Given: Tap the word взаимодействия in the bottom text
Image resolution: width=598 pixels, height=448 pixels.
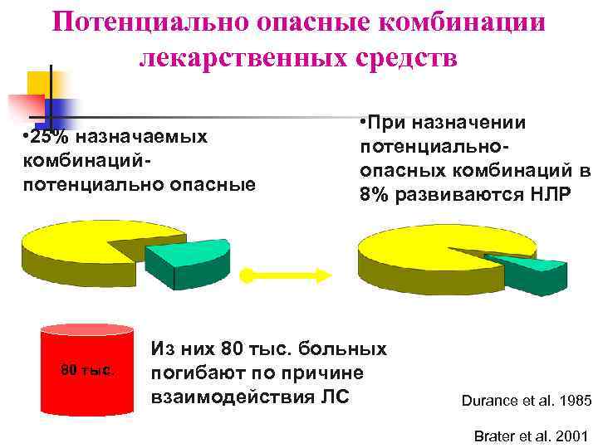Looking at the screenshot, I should click(x=228, y=396).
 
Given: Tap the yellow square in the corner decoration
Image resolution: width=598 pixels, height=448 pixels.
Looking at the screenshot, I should click(x=40, y=84).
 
